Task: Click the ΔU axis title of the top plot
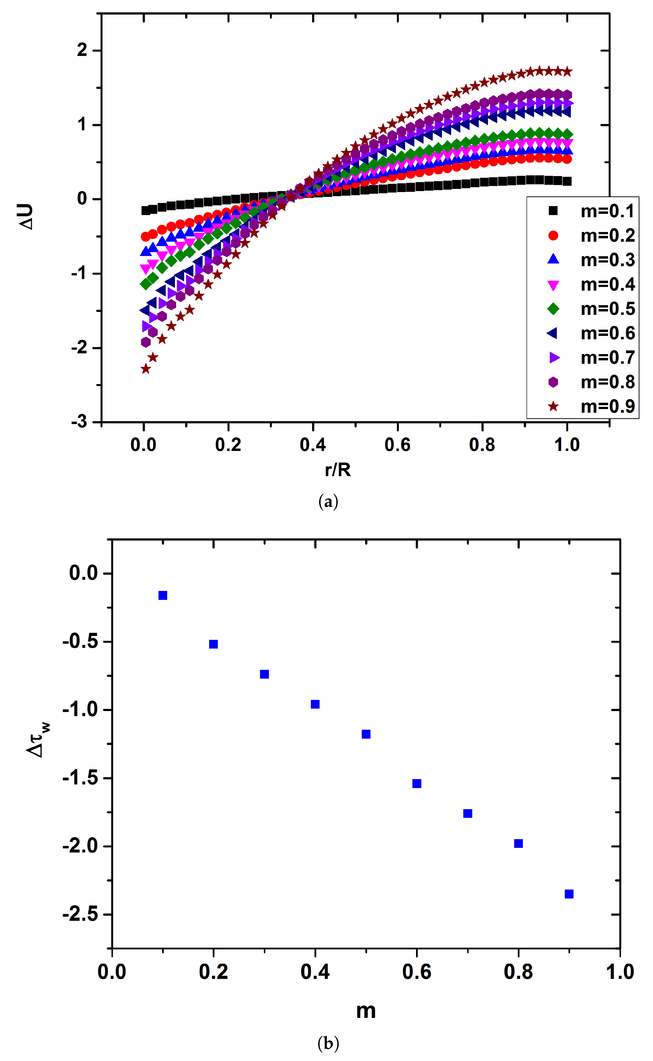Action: [27, 217]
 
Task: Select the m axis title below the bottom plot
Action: [366, 1010]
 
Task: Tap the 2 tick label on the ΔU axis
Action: [82, 51]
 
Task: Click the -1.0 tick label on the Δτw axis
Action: [80, 709]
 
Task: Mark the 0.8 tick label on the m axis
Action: [518, 971]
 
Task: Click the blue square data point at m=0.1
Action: [163, 596]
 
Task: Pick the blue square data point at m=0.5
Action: [366, 734]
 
